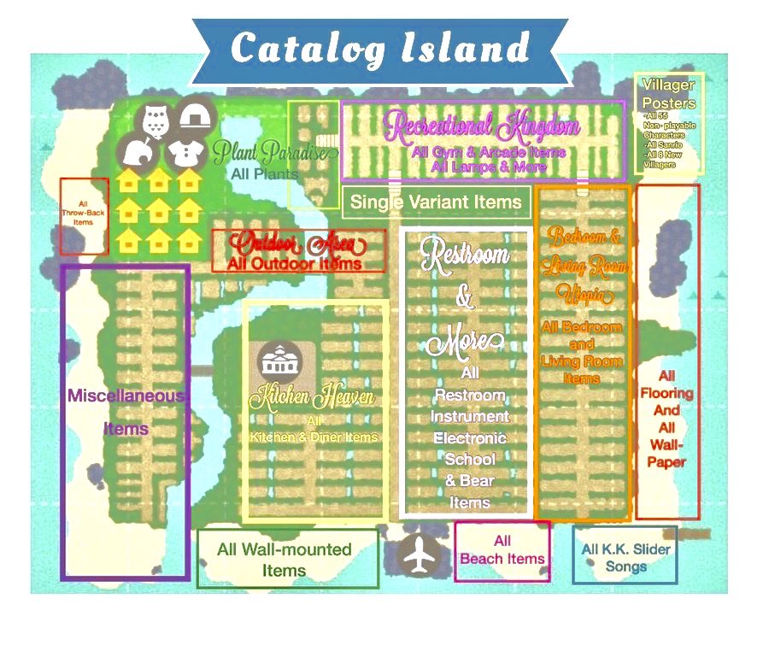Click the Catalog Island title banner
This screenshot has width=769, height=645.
tap(380, 50)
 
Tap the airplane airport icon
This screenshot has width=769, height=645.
tap(418, 558)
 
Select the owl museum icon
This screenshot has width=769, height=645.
tap(155, 122)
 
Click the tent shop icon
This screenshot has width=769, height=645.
tap(197, 120)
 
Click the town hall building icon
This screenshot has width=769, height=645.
tap(275, 361)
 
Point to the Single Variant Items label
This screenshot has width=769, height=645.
tap(436, 202)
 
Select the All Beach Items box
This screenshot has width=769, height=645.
tap(502, 550)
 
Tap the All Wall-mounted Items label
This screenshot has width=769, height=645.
tap(285, 560)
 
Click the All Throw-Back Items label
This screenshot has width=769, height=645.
tap(83, 213)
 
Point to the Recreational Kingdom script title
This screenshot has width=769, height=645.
tap(483, 128)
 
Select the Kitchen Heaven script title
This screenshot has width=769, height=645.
tap(312, 397)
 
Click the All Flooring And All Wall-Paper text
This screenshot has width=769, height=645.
tap(667, 419)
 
